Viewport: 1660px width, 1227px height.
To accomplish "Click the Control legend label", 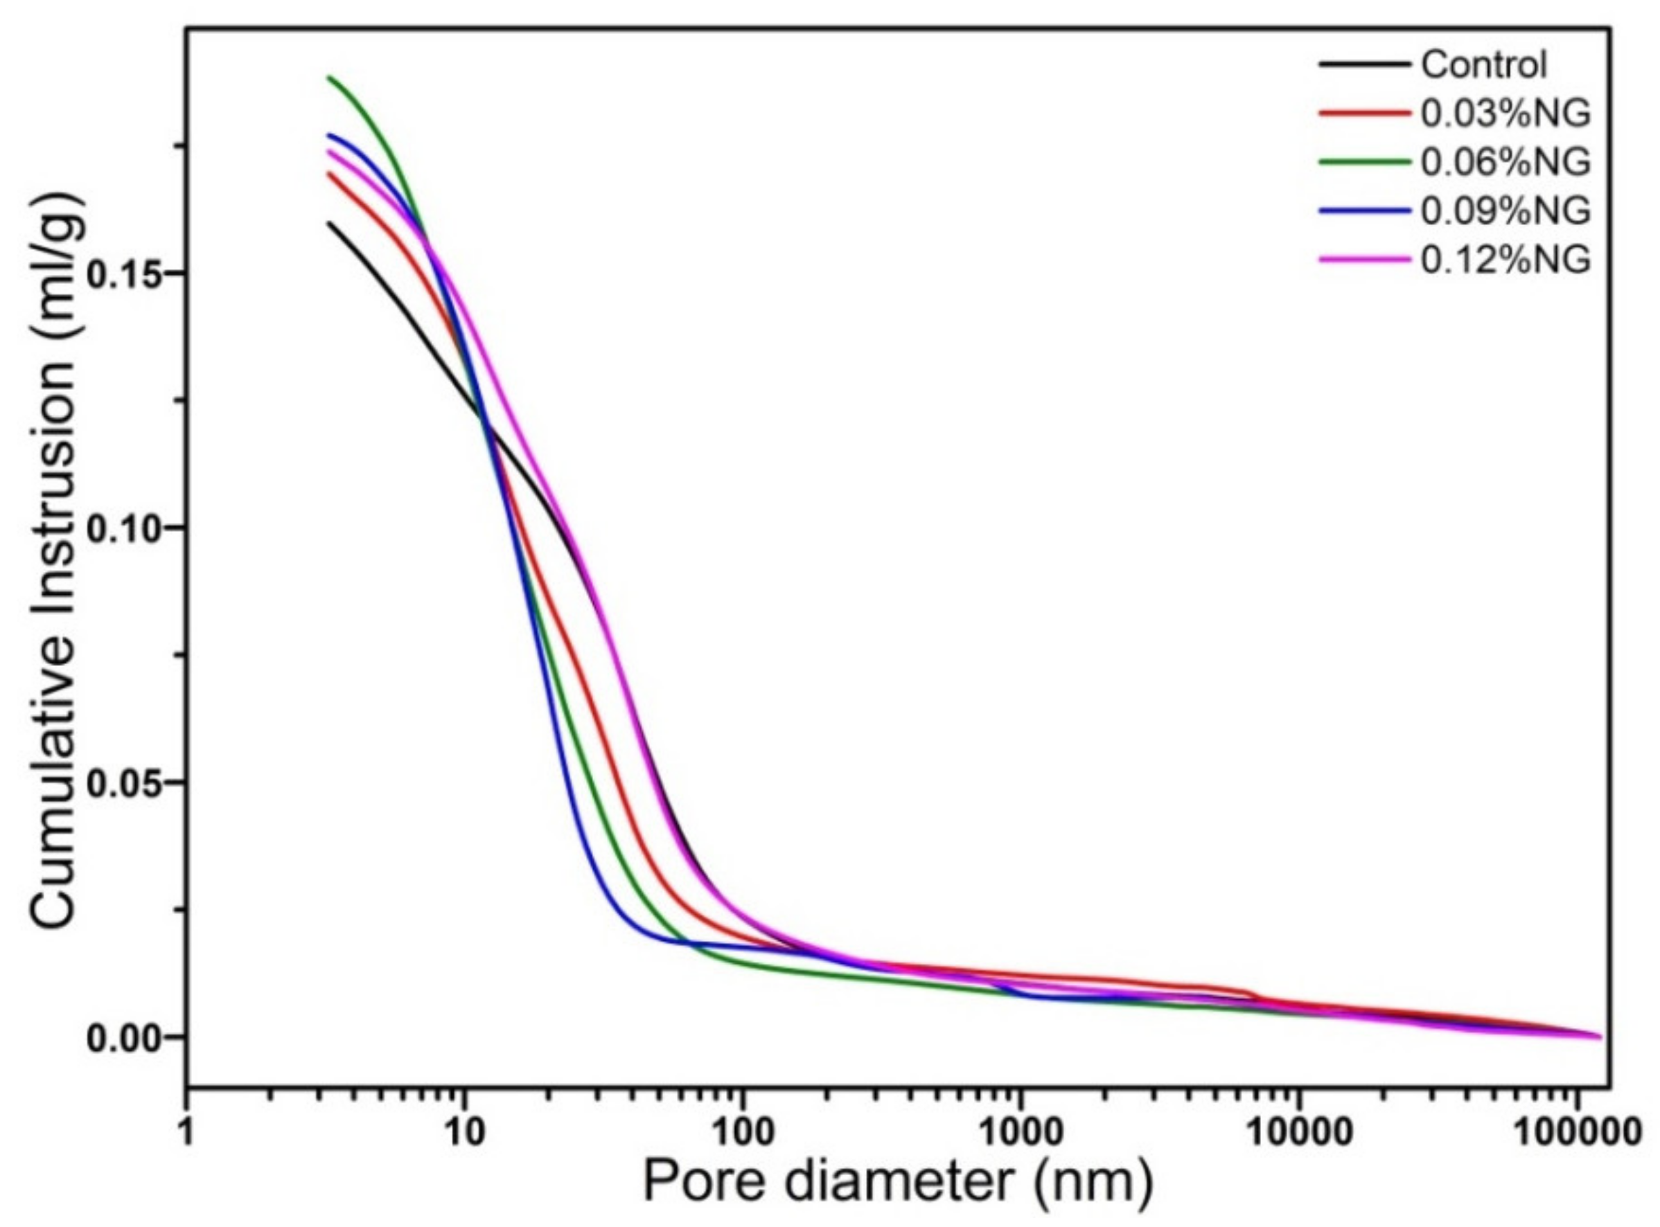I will coord(1483,64).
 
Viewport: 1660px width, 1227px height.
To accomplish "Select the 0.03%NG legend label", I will coord(1506,114).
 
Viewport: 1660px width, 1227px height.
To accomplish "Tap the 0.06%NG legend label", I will coord(1506,162).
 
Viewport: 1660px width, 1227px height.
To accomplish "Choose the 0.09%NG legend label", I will coord(1506,211).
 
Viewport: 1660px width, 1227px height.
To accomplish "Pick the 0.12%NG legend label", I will coord(1506,259).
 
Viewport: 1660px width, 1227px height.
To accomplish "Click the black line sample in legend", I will coord(1364,64).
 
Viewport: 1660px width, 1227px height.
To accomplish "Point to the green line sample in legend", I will coord(1364,162).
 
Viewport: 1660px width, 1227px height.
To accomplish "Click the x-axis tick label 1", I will coord(186,1134).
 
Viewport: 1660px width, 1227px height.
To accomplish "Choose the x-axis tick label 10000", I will coord(1298,1134).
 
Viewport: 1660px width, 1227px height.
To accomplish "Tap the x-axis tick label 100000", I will coord(1575,1134).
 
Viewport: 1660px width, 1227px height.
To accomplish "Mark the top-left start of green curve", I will coord(329,78).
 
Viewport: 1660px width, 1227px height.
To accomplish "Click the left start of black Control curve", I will coord(328,222).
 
